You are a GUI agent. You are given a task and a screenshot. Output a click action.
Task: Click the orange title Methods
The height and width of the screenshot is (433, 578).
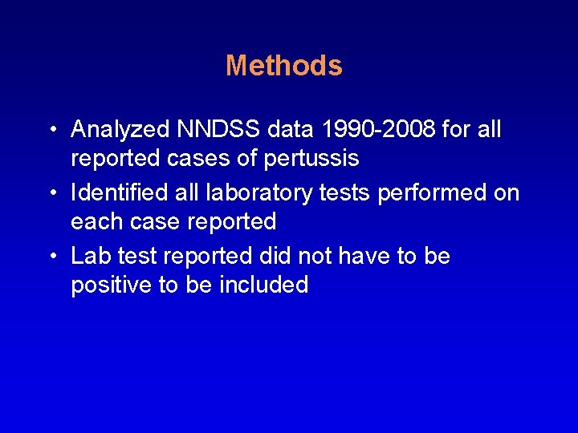[x=284, y=66]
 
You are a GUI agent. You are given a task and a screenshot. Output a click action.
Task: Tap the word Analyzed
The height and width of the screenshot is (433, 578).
[x=121, y=129]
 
